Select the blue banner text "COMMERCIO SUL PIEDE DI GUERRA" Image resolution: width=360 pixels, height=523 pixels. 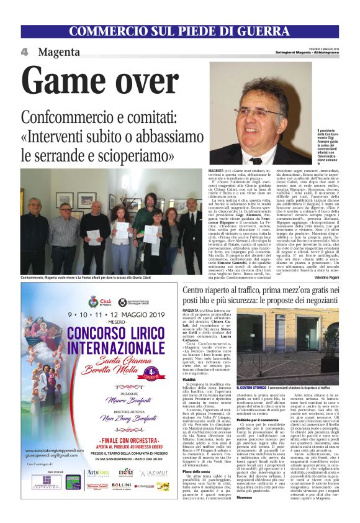coord(179,32)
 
